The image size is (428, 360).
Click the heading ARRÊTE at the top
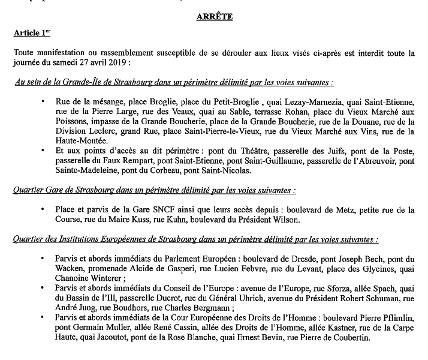214,17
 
